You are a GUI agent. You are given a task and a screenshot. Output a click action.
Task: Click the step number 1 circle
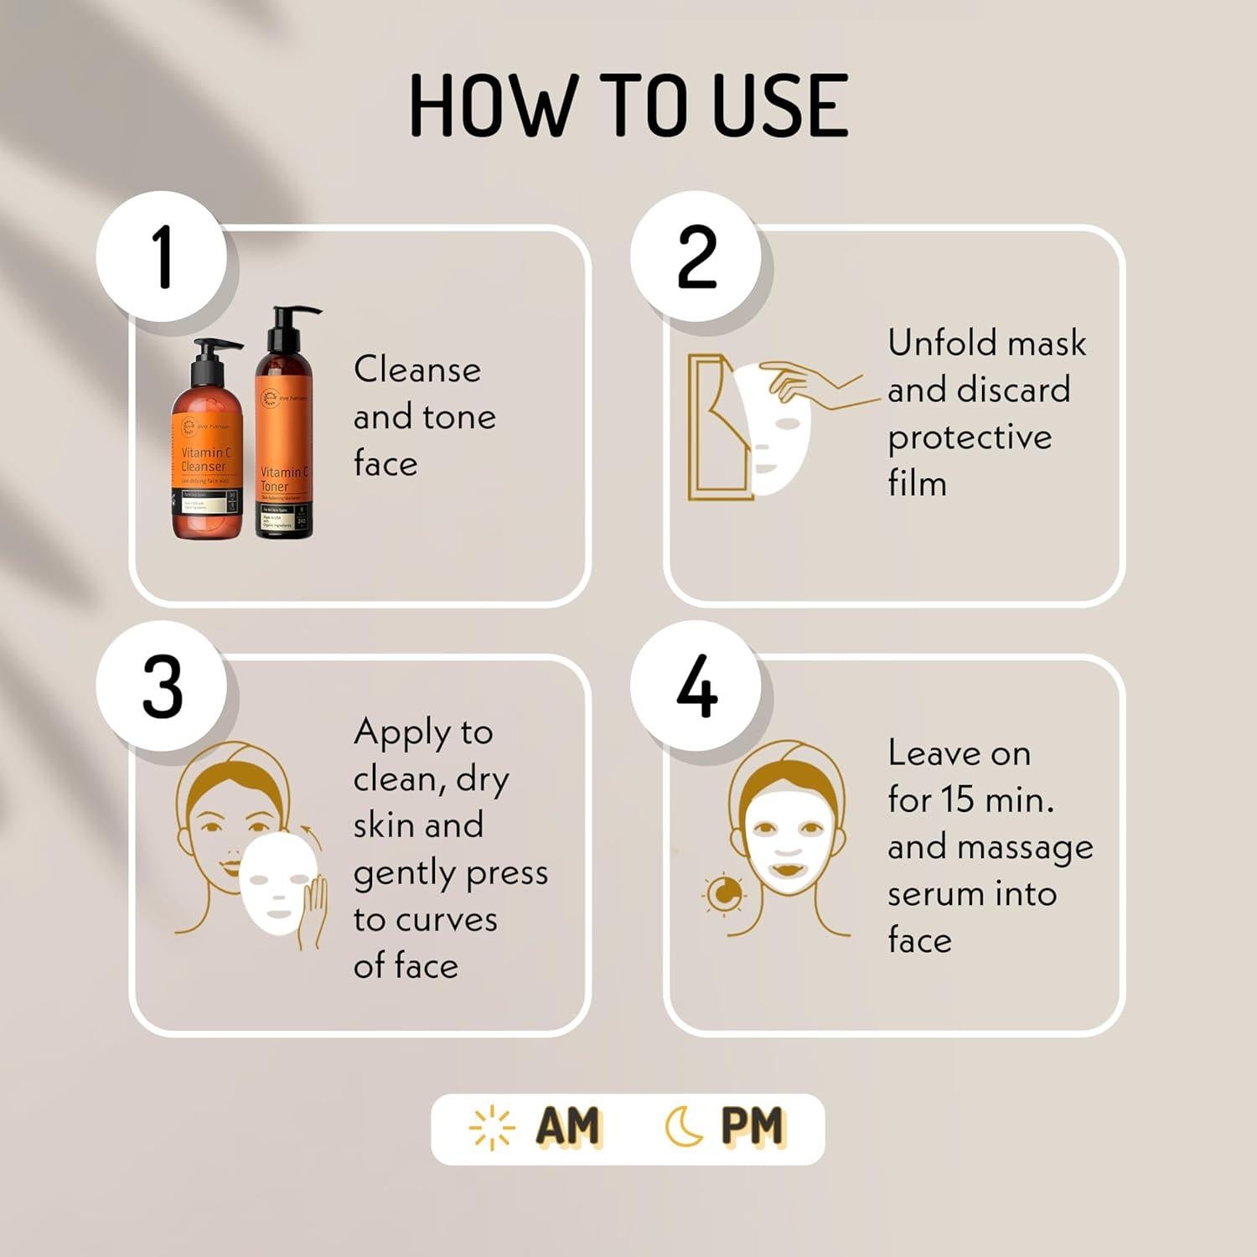(x=162, y=256)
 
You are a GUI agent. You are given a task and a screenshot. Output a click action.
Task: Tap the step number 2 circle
(x=696, y=256)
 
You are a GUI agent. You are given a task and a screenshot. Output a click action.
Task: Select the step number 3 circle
(x=162, y=687)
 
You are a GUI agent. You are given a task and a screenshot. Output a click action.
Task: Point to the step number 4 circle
(x=696, y=687)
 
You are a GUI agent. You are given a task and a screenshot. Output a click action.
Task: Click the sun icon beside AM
(x=492, y=1127)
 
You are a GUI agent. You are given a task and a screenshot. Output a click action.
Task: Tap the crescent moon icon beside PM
(x=684, y=1127)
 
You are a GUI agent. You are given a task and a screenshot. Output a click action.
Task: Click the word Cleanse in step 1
(x=417, y=370)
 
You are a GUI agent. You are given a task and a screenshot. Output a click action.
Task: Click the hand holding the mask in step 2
(x=809, y=385)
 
